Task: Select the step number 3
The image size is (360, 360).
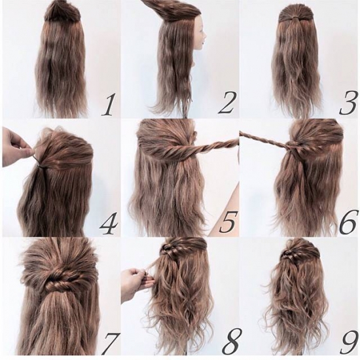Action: (x=348, y=102)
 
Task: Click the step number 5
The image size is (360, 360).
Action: (x=228, y=221)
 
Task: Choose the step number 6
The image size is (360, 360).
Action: (x=349, y=221)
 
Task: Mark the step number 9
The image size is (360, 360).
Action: (x=349, y=340)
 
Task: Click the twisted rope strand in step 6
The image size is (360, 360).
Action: (x=264, y=139)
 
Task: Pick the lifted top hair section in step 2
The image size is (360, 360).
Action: (x=175, y=12)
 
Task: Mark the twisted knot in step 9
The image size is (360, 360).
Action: (x=293, y=255)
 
